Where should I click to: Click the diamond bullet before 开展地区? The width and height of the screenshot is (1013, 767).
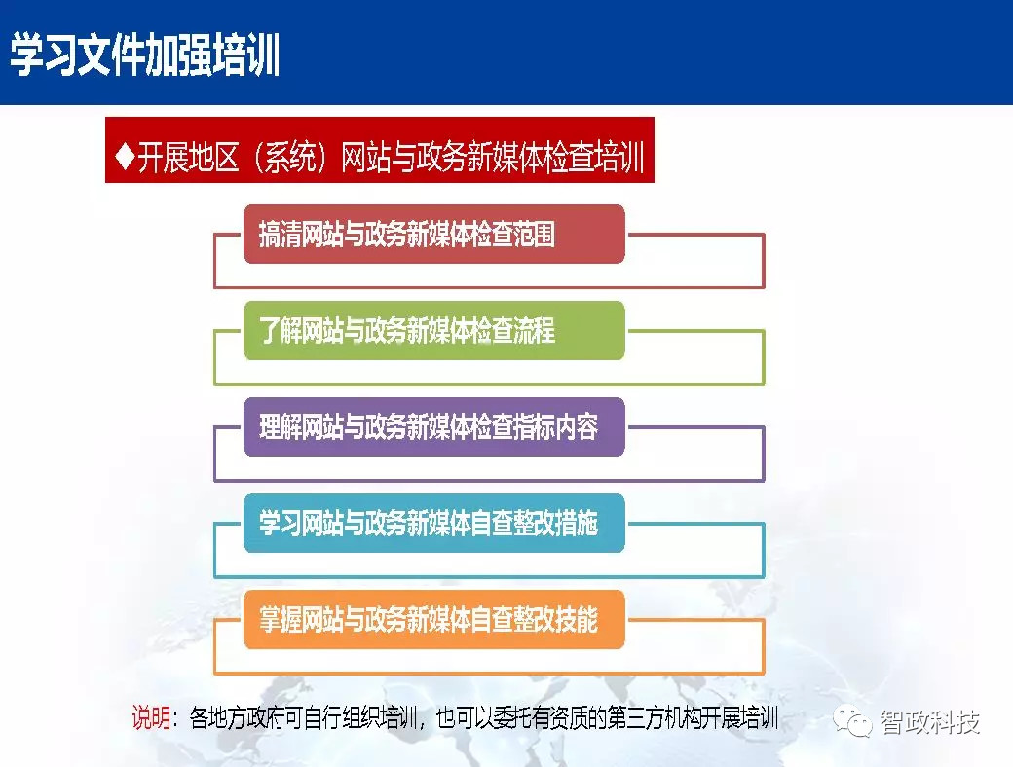pos(124,158)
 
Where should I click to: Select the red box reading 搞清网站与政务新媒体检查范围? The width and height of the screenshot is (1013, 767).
pos(433,235)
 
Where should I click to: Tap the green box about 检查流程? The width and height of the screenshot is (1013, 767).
pos(433,331)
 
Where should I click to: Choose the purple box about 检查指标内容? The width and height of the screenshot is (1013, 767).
pos(433,427)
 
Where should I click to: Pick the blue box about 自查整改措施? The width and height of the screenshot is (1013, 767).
pos(433,524)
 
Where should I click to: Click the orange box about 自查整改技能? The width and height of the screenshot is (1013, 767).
pos(433,619)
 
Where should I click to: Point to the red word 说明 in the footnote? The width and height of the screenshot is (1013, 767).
pos(151,719)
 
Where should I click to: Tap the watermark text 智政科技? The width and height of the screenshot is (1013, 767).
pos(929,722)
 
